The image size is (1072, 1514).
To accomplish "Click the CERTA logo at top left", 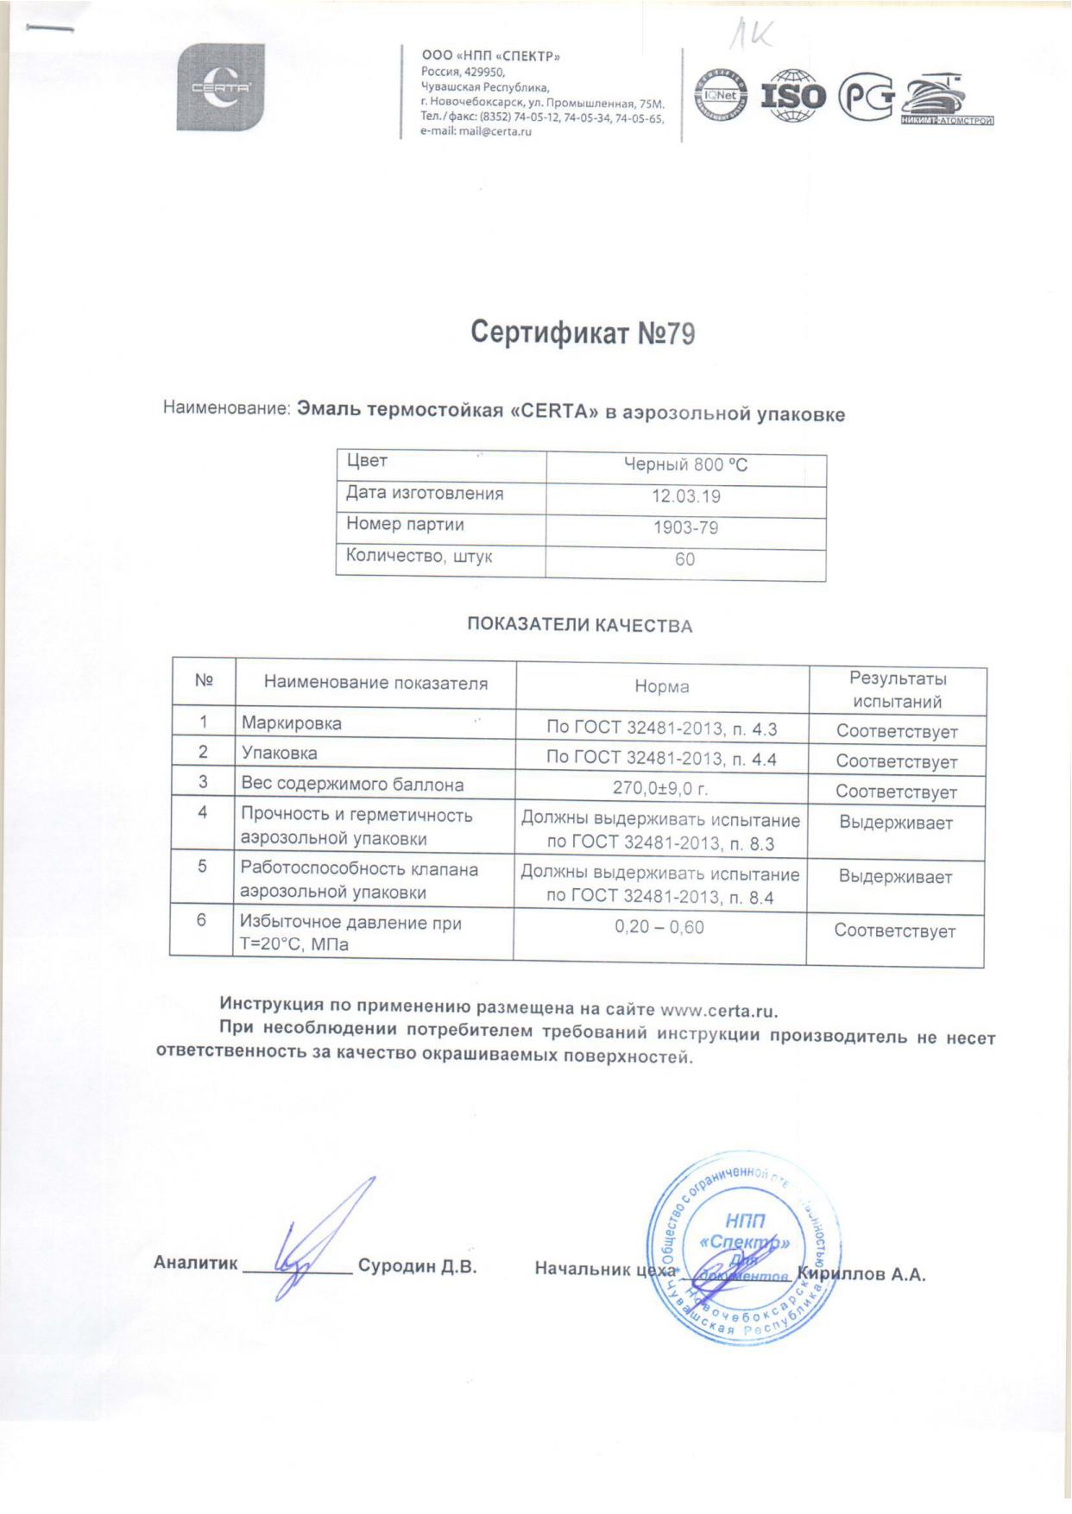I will (220, 88).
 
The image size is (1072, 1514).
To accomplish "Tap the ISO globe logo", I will (792, 95).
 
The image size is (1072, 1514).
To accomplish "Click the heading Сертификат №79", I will (583, 334).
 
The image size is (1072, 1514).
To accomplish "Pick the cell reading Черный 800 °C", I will (685, 465).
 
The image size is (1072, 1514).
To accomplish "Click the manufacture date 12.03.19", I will (685, 496).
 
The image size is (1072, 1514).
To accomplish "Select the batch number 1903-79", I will (685, 527).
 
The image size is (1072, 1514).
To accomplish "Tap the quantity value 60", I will (684, 559).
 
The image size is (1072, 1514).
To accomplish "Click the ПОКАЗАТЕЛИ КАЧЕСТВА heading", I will (579, 625).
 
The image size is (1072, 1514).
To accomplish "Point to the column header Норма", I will (661, 687).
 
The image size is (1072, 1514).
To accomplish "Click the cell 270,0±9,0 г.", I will (660, 787).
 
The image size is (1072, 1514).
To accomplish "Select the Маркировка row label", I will (292, 723).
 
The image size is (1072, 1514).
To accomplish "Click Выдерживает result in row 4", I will (895, 823).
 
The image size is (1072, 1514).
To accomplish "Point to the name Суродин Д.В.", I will (417, 1266).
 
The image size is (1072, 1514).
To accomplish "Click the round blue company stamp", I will (742, 1248).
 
